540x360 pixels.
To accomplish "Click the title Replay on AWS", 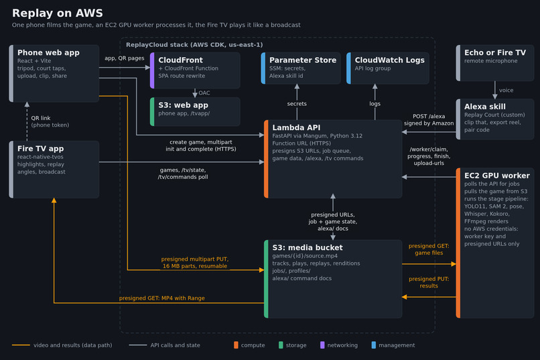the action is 58,13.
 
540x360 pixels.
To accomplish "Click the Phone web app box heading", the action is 48,53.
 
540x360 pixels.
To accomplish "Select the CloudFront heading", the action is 180,60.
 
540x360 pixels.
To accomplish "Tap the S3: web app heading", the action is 183,105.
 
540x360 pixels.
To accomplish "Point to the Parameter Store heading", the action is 303,60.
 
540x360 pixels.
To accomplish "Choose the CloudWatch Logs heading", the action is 389,60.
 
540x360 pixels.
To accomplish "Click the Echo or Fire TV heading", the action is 495,53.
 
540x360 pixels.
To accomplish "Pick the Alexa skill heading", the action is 485,107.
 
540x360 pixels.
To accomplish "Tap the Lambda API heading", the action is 296,128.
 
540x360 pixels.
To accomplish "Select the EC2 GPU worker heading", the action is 497,176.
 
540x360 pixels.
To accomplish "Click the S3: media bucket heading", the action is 308,247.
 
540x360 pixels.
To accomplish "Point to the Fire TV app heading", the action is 41,149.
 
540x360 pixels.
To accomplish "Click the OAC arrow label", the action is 204,93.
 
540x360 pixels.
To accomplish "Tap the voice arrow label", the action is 507,91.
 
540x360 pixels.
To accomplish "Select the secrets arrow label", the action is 297,104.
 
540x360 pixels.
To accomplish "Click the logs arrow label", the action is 375,104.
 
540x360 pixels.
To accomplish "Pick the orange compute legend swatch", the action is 236,345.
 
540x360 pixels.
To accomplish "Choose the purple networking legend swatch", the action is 322,345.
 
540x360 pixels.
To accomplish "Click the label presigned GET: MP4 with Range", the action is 162,298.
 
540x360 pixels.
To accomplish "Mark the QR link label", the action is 41,118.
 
